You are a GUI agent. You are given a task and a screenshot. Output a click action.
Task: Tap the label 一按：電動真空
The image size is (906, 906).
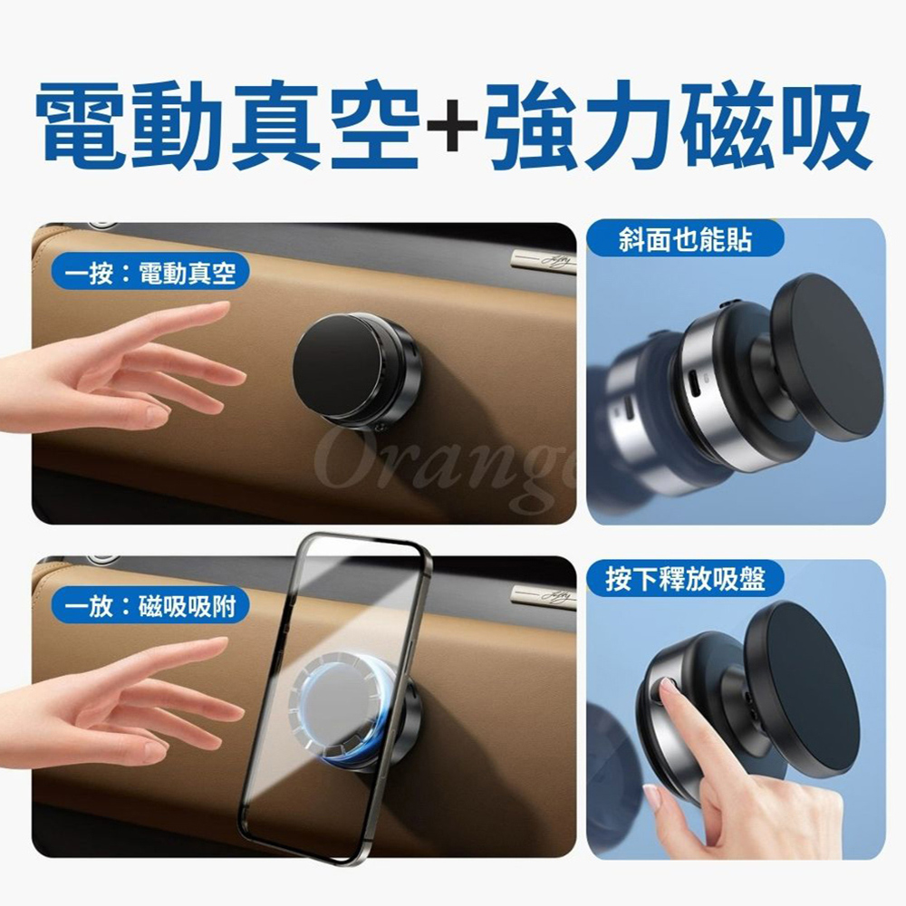tap(149, 272)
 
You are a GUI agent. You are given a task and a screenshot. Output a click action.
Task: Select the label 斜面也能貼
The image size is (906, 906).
tap(685, 239)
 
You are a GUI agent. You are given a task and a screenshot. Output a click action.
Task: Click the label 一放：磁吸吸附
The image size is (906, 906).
tap(149, 606)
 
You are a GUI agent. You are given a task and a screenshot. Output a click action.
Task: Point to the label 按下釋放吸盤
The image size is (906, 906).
tap(685, 578)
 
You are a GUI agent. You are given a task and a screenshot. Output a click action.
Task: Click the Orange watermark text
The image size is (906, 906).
tap(445, 468)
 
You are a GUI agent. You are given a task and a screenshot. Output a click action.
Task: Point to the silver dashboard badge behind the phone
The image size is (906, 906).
tap(543, 596)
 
